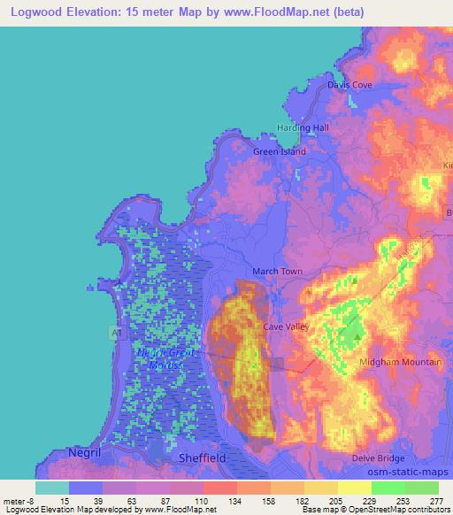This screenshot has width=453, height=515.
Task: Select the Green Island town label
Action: [x=280, y=151]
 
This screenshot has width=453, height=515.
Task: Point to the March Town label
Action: [x=279, y=271]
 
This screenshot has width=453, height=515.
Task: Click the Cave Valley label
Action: [x=285, y=327]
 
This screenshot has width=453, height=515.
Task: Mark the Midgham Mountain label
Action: [x=402, y=363]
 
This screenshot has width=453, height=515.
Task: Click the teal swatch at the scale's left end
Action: [x=51, y=488]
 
